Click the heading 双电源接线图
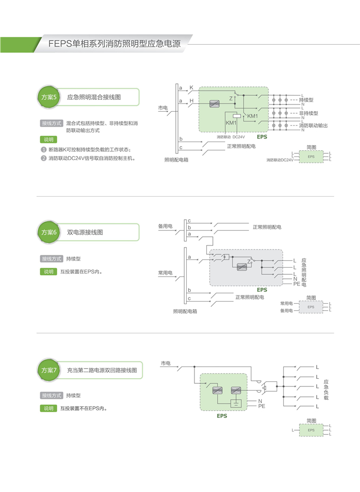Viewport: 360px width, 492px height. tap(85, 233)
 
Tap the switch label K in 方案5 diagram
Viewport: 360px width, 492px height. tap(191, 87)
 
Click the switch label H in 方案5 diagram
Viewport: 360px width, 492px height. tap(191, 101)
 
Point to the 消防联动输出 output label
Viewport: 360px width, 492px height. tap(313, 126)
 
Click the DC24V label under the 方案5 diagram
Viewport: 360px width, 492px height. tap(239, 137)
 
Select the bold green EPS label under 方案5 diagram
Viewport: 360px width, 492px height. tap(262, 137)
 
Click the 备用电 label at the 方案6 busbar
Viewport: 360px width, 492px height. tap(165, 226)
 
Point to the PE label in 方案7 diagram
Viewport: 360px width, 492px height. tap(261, 407)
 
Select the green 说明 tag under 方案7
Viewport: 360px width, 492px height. tap(48, 409)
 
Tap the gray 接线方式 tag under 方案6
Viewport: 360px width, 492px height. tap(51, 259)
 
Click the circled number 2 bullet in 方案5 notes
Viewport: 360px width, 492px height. tap(44, 159)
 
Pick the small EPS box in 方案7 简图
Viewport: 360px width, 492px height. tap(311, 430)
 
